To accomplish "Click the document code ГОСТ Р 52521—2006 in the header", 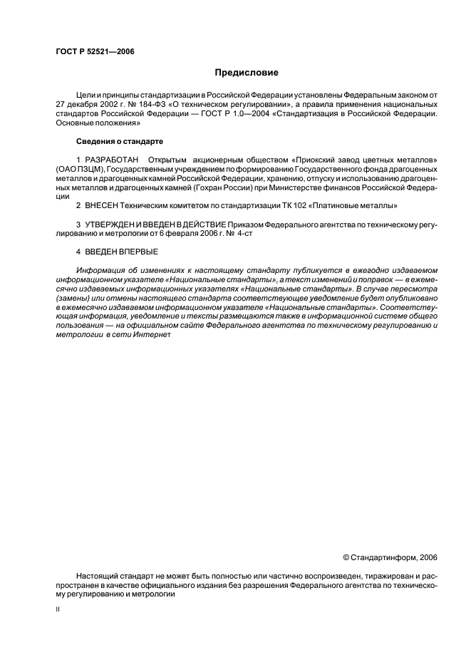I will tap(95, 51).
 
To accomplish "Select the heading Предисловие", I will tap(247, 73).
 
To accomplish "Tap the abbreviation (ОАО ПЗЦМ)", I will tap(80, 167).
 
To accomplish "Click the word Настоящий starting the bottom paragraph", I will tap(97, 575).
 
